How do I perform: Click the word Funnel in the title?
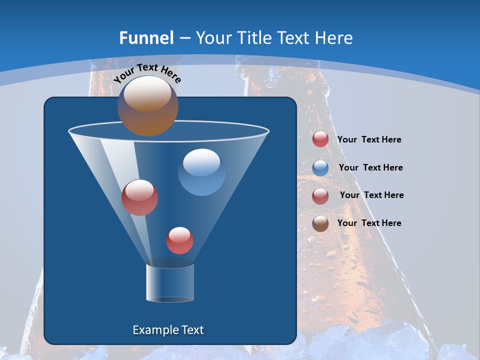[x=146, y=38]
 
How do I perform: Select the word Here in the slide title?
[x=334, y=38]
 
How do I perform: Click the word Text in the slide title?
[x=294, y=38]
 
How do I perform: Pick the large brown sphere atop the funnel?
[x=147, y=106]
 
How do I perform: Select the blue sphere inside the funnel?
[x=201, y=171]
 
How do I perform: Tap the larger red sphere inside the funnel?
[x=139, y=197]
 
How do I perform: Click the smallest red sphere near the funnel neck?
[x=179, y=240]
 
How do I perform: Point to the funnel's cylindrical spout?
[x=169, y=282]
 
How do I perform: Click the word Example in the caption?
[x=155, y=330]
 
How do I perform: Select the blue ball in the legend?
[x=320, y=168]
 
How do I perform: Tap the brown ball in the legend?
[x=320, y=223]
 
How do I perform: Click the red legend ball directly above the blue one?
[x=320, y=139]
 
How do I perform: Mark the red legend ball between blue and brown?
[x=320, y=196]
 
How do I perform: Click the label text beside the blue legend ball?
[x=370, y=167]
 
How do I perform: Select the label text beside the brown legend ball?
[x=369, y=223]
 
